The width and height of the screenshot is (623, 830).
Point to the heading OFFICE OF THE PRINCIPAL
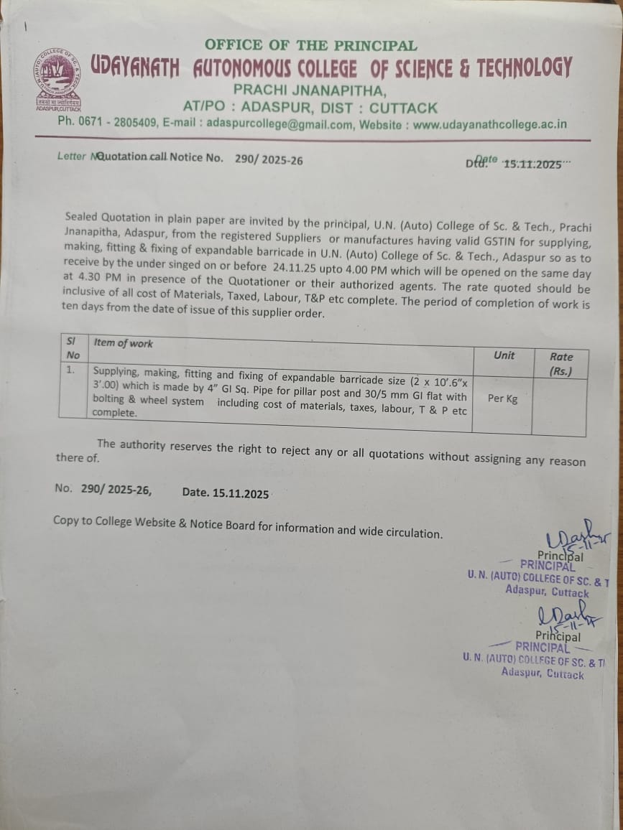[x=310, y=45]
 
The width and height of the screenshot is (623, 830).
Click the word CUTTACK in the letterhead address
[x=404, y=108]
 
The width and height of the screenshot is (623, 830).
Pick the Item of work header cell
[x=124, y=343]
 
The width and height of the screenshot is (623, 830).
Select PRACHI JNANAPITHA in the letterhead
[x=310, y=90]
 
